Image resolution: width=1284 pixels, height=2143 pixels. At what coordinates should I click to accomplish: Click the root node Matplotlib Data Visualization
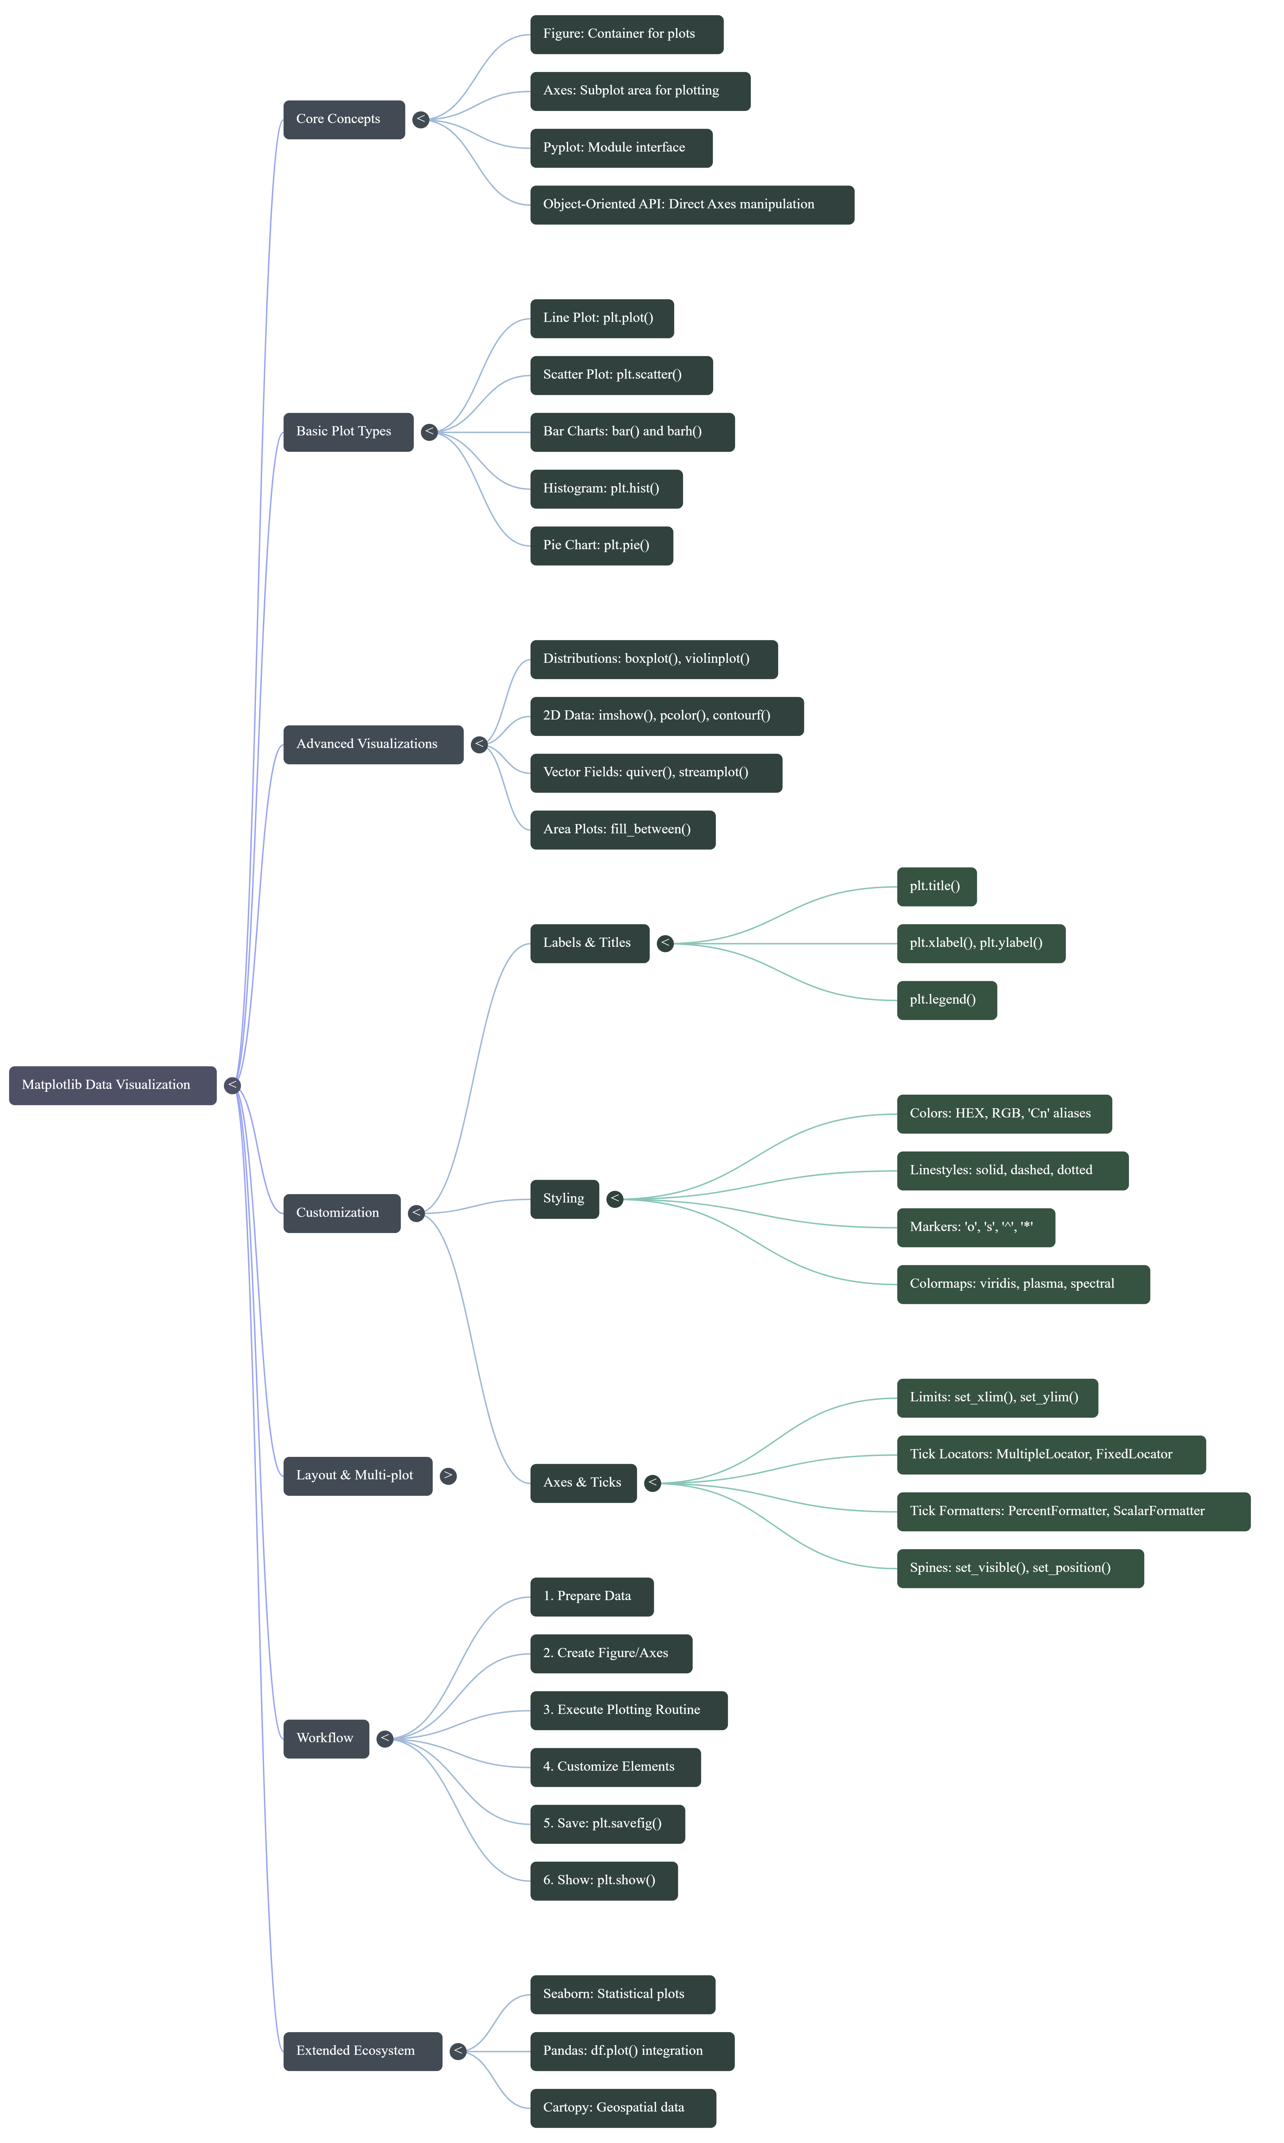point(112,1085)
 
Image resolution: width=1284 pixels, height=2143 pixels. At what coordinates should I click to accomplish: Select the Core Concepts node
point(343,119)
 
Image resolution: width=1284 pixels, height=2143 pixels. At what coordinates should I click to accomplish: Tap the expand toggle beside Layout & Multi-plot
point(447,1475)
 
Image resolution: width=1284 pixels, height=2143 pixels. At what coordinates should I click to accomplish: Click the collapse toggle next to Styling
point(614,1198)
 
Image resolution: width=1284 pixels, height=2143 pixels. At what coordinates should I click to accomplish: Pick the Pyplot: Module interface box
point(620,148)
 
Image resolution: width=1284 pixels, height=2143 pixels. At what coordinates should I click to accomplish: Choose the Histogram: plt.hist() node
point(606,489)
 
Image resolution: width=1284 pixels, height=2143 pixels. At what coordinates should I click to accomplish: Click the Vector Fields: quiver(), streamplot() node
point(655,773)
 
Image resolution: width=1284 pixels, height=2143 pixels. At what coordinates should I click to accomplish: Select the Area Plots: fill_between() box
point(622,830)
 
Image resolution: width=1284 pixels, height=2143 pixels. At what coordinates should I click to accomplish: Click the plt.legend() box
point(946,1000)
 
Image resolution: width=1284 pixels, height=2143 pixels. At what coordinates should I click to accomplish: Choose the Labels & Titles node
point(588,943)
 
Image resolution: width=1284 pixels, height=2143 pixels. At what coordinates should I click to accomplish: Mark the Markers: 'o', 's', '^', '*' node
point(975,1228)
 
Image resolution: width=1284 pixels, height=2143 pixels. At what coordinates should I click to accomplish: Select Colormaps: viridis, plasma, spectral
point(1023,1284)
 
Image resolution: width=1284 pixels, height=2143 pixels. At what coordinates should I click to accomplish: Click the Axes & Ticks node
point(582,1483)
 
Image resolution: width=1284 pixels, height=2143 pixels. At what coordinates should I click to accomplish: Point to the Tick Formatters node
point(1073,1511)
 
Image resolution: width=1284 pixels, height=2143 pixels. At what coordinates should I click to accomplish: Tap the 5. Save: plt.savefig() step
point(607,1824)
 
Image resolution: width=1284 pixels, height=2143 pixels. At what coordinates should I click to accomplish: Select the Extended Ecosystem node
point(362,2051)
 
